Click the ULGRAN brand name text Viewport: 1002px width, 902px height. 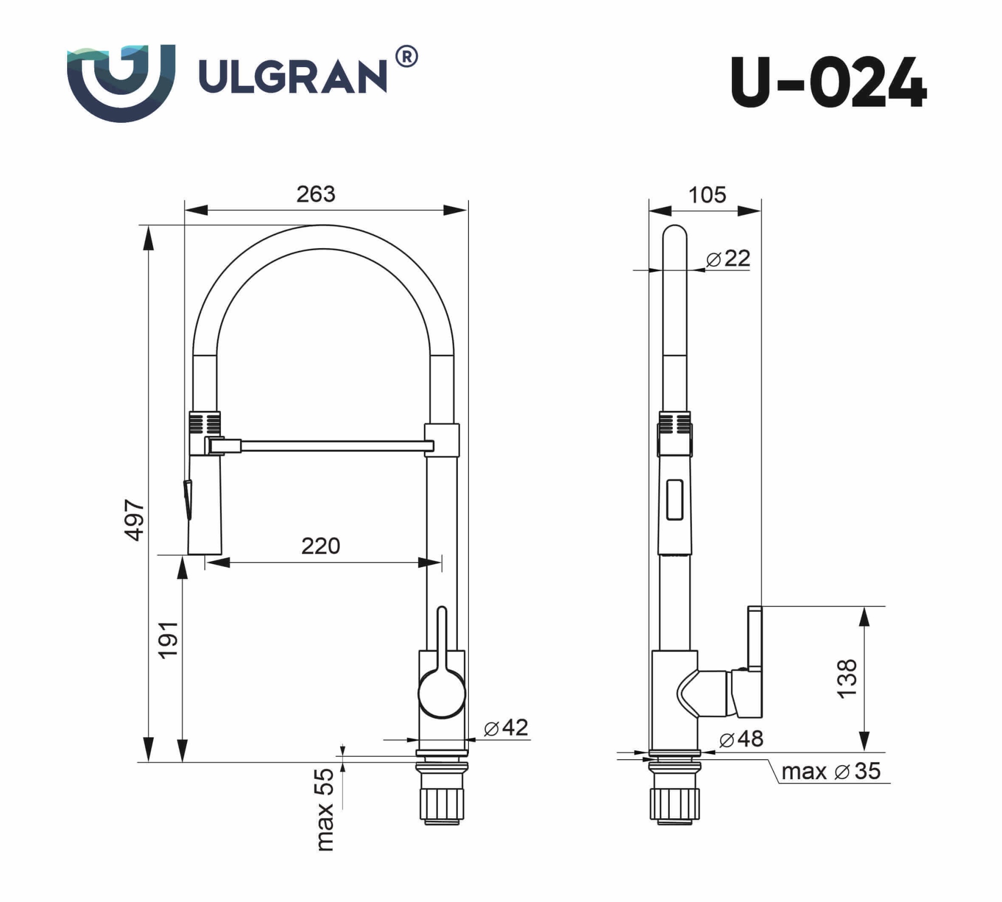[x=293, y=77]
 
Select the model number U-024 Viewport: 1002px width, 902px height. [x=828, y=83]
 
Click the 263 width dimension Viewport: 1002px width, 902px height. [x=316, y=194]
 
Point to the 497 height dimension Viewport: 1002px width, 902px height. [x=134, y=520]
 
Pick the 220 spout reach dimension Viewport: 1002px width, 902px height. [x=321, y=546]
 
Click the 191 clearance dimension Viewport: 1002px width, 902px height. [x=168, y=640]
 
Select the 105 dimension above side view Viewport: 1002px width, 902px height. [x=707, y=195]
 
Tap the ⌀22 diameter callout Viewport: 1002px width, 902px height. [x=728, y=259]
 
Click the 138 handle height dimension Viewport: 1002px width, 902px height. [x=847, y=679]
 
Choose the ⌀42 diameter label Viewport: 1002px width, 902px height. [x=506, y=728]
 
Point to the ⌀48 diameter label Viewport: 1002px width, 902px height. [x=741, y=739]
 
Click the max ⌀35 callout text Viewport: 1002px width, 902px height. [x=831, y=771]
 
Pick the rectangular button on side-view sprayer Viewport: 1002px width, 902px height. [x=674, y=499]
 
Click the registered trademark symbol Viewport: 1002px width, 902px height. [x=407, y=57]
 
